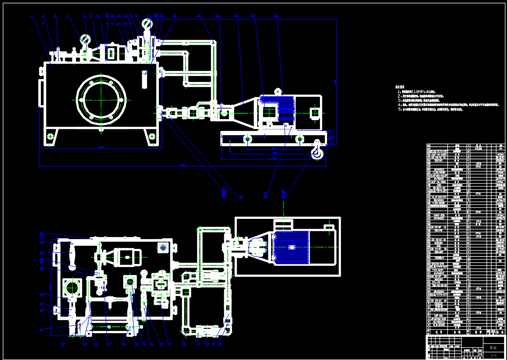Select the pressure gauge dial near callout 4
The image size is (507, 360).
(x=85, y=39)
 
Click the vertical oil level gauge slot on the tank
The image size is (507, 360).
(x=145, y=79)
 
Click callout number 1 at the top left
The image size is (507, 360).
(x=31, y=16)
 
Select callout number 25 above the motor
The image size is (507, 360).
(x=276, y=16)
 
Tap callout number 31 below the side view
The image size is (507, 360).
(x=240, y=197)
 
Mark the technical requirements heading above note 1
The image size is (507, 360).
(x=400, y=87)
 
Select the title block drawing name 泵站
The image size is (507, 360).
(x=494, y=348)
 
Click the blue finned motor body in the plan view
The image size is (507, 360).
(x=291, y=247)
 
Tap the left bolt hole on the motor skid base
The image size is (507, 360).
(x=247, y=139)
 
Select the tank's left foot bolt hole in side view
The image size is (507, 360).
(x=50, y=136)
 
